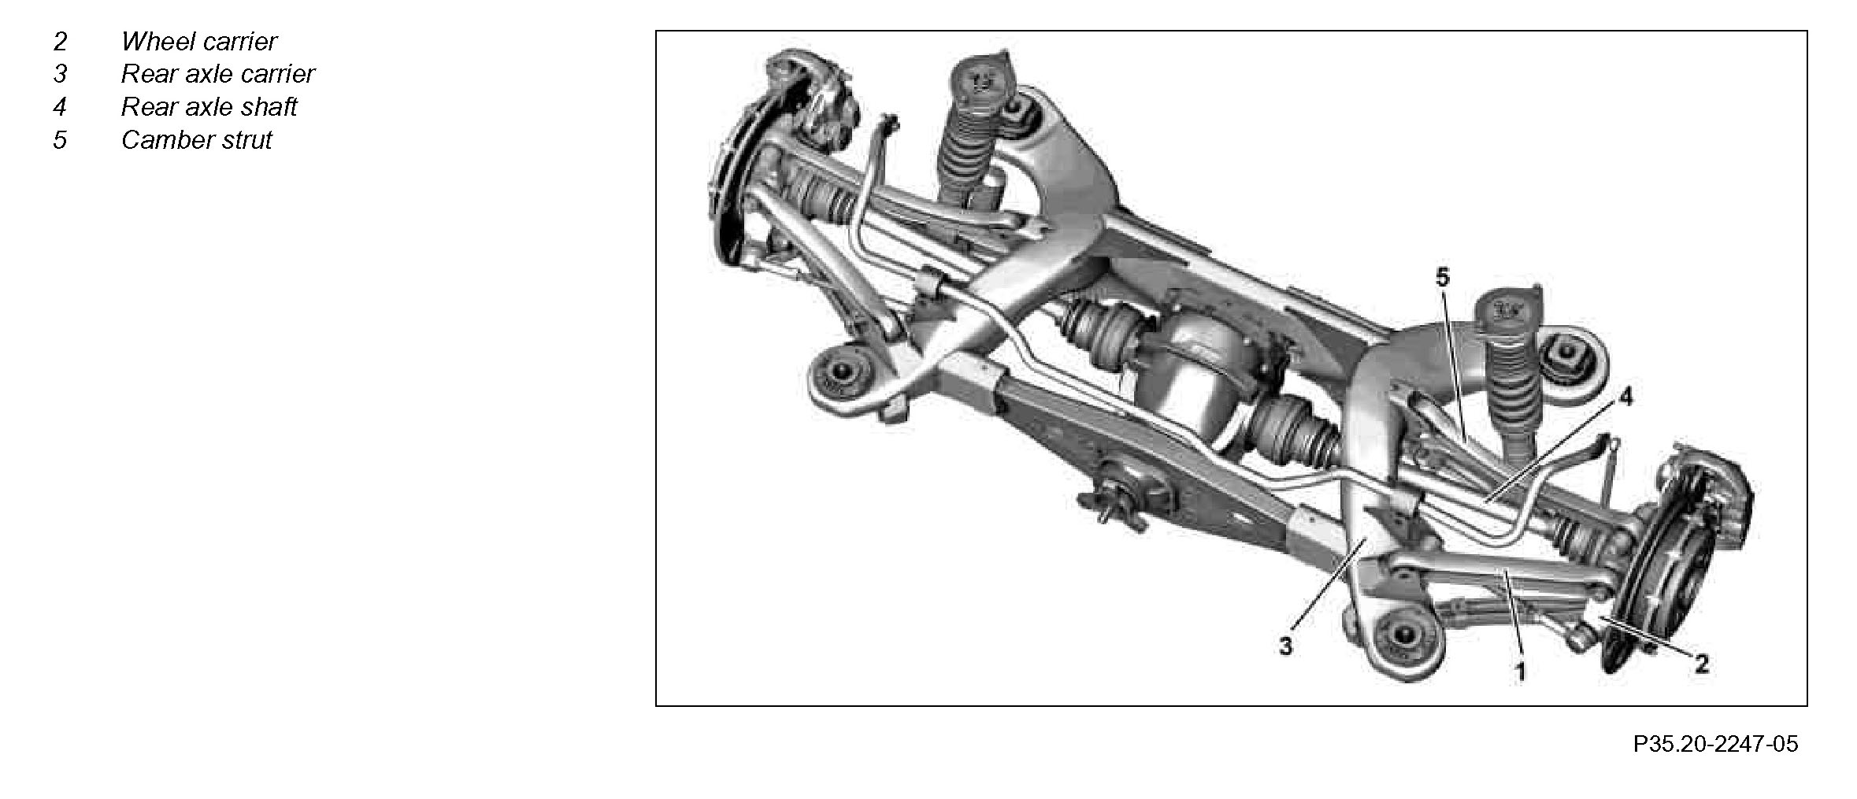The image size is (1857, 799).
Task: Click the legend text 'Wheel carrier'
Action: pyautogui.click(x=199, y=41)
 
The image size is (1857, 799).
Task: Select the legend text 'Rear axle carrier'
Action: pyautogui.click(x=218, y=74)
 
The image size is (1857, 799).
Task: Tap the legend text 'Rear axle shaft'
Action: pyautogui.click(x=209, y=107)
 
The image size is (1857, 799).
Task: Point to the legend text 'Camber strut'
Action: pyautogui.click(x=197, y=140)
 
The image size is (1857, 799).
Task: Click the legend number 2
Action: pyautogui.click(x=60, y=41)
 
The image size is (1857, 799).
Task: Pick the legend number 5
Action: pyautogui.click(x=60, y=140)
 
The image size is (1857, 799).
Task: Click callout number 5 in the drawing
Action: pyautogui.click(x=1442, y=277)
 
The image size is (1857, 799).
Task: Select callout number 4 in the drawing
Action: pyautogui.click(x=1625, y=398)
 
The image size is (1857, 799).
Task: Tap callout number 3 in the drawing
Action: pyautogui.click(x=1286, y=647)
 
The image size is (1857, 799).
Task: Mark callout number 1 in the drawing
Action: pyautogui.click(x=1520, y=671)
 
